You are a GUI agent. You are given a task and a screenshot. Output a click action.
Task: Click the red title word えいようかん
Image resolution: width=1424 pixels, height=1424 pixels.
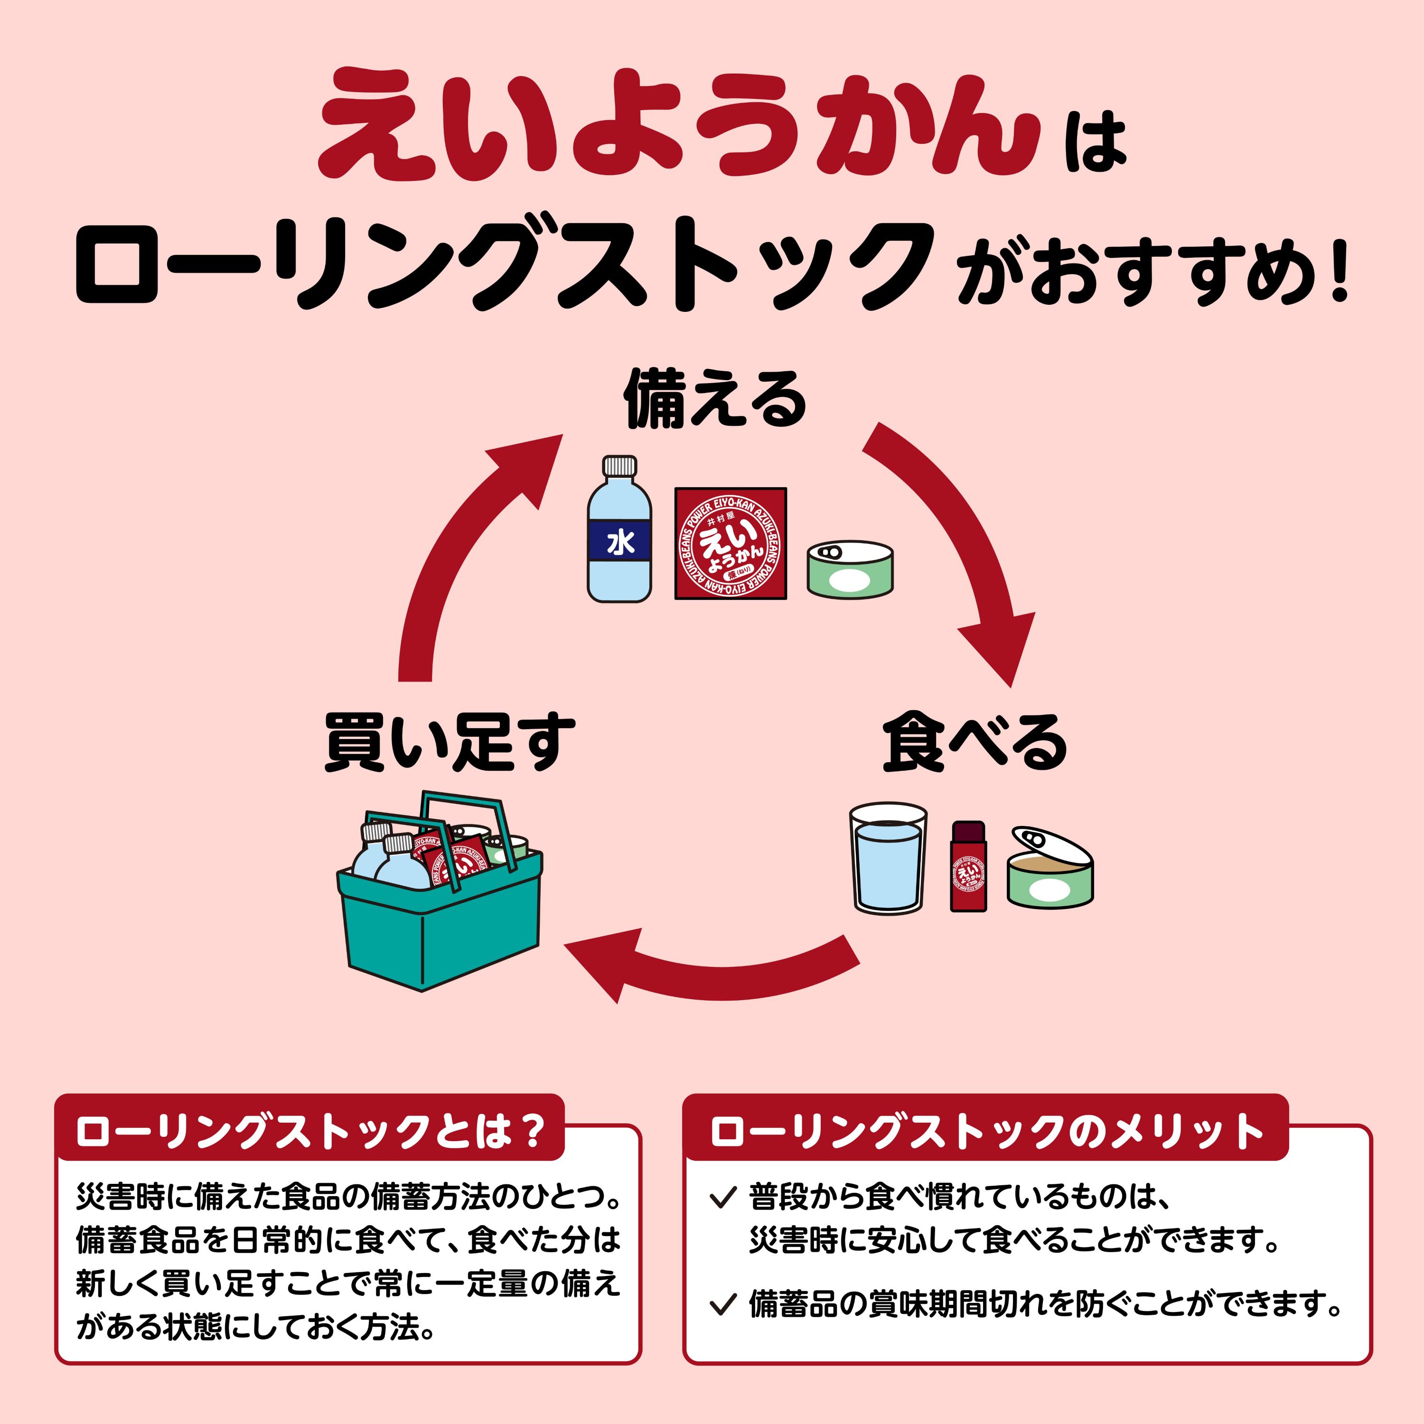(678, 125)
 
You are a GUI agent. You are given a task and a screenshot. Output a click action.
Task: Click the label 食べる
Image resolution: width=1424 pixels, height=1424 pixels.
(974, 743)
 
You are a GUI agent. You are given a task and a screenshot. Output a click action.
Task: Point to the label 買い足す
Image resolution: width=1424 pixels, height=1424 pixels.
(450, 743)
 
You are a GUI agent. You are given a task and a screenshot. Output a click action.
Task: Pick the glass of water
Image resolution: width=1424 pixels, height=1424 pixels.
(888, 859)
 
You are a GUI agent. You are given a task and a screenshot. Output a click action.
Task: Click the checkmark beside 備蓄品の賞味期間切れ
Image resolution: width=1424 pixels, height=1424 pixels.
(722, 1305)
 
